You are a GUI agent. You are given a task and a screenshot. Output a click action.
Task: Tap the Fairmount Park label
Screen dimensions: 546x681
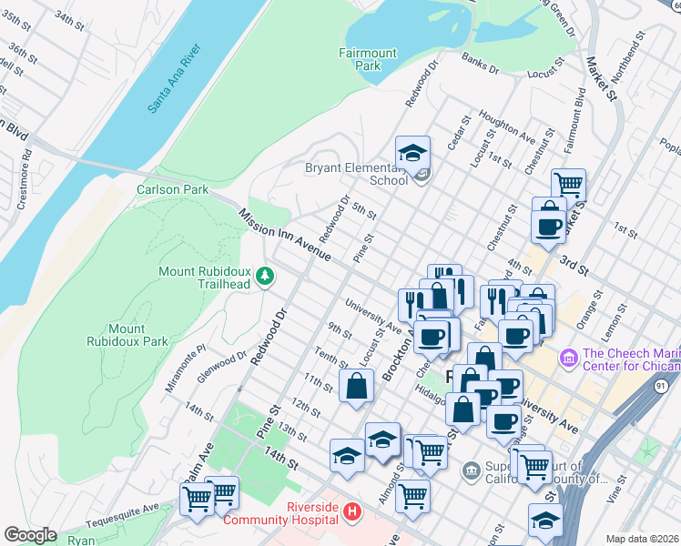pyautogui.click(x=368, y=59)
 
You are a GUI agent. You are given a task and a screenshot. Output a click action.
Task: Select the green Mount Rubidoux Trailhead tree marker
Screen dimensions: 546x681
pyautogui.click(x=264, y=274)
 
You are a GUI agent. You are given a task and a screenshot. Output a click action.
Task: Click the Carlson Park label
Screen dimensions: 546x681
pyautogui.click(x=172, y=189)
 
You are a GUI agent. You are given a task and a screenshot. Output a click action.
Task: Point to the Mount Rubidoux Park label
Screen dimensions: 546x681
pyautogui.click(x=138, y=335)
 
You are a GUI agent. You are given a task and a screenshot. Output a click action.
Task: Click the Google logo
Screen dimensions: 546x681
pyautogui.click(x=29, y=534)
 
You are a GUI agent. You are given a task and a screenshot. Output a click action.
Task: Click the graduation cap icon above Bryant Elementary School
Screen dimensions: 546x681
pyautogui.click(x=412, y=151)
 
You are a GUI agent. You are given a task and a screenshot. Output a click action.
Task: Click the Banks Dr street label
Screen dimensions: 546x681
pyautogui.click(x=481, y=64)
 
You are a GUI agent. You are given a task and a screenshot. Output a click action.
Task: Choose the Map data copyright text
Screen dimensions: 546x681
pyautogui.click(x=643, y=539)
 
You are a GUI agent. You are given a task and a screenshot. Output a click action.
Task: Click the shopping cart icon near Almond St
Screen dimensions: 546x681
pyautogui.click(x=412, y=496)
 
